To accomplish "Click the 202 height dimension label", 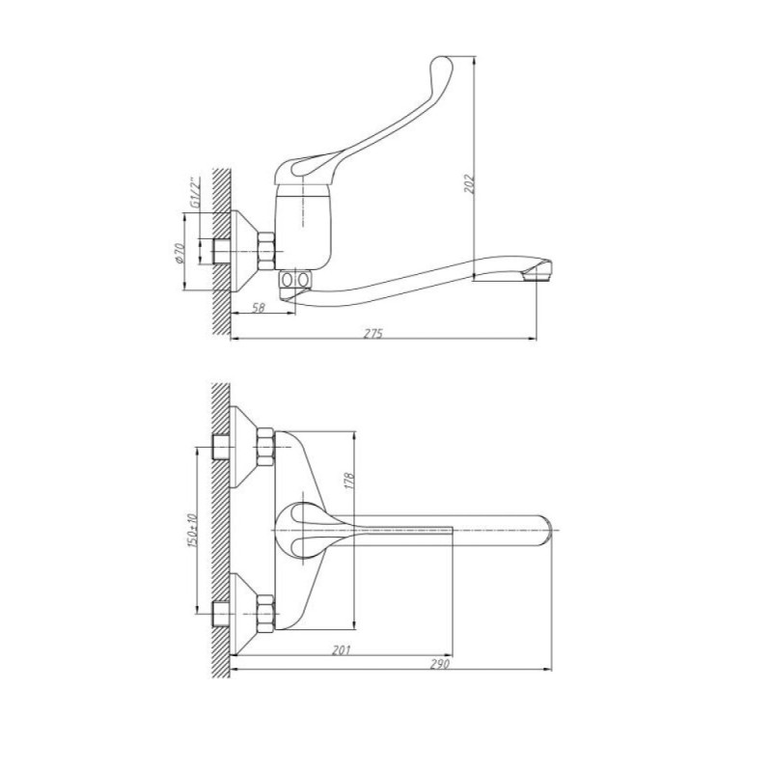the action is coord(471,182).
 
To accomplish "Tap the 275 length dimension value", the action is coord(372,333).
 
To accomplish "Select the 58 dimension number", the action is coord(259,308).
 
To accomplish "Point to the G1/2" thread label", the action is coord(195,194).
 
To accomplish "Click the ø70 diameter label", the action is coord(179,253).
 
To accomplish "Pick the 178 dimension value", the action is coord(349,482).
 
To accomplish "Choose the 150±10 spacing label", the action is coord(192,532).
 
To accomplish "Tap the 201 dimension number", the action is coord(341,649).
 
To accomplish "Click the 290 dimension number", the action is coord(440,664).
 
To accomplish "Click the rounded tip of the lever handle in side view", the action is coord(440,65).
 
